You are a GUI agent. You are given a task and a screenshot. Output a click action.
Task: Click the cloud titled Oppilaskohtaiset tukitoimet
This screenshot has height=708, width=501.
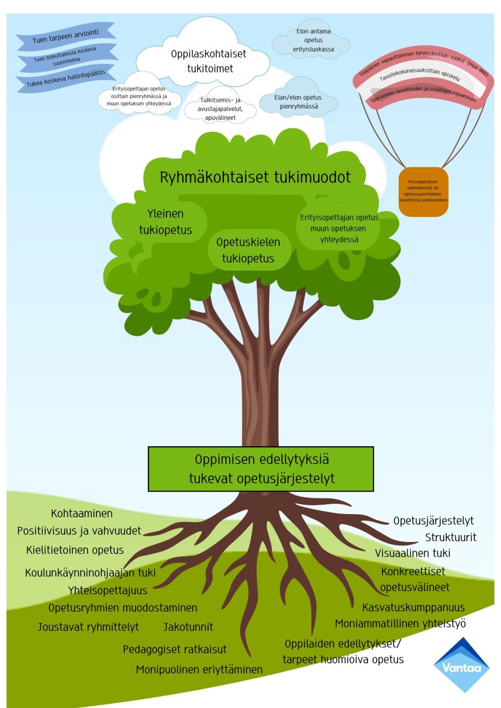point(208,62)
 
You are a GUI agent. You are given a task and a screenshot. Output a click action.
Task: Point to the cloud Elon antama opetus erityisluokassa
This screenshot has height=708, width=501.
point(313,41)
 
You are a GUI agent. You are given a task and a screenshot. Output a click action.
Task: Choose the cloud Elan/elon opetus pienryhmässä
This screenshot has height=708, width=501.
point(298,102)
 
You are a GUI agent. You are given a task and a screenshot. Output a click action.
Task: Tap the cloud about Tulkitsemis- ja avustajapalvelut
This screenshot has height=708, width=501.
point(220,109)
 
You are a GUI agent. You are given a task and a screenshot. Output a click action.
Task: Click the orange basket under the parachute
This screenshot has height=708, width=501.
point(423,191)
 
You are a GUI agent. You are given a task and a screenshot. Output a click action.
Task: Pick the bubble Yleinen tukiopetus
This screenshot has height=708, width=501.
point(165,222)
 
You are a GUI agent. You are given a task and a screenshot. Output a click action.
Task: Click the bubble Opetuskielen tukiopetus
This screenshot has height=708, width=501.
point(248,250)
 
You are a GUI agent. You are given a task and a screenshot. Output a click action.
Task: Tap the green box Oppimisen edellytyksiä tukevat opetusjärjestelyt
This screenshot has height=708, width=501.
point(261,469)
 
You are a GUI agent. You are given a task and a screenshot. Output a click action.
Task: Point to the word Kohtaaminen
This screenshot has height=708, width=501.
point(82,514)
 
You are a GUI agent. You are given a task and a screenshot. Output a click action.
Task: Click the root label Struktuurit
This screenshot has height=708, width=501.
point(450,537)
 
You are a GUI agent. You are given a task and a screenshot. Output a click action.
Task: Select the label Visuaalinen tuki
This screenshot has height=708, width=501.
point(412,553)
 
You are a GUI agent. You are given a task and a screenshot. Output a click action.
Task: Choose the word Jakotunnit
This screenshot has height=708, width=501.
point(188,627)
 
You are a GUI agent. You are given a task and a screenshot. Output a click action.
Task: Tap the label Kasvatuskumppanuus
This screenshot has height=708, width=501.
point(413,607)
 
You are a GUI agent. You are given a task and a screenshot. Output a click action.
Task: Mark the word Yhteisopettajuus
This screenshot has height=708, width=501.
point(108,590)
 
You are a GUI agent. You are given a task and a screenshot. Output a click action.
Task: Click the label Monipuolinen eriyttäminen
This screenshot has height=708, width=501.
point(199,669)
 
